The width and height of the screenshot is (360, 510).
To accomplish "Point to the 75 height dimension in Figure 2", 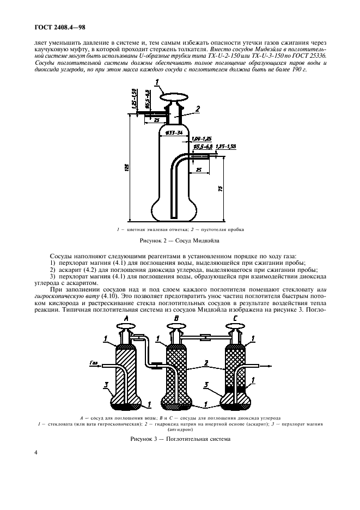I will coord(219,188).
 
